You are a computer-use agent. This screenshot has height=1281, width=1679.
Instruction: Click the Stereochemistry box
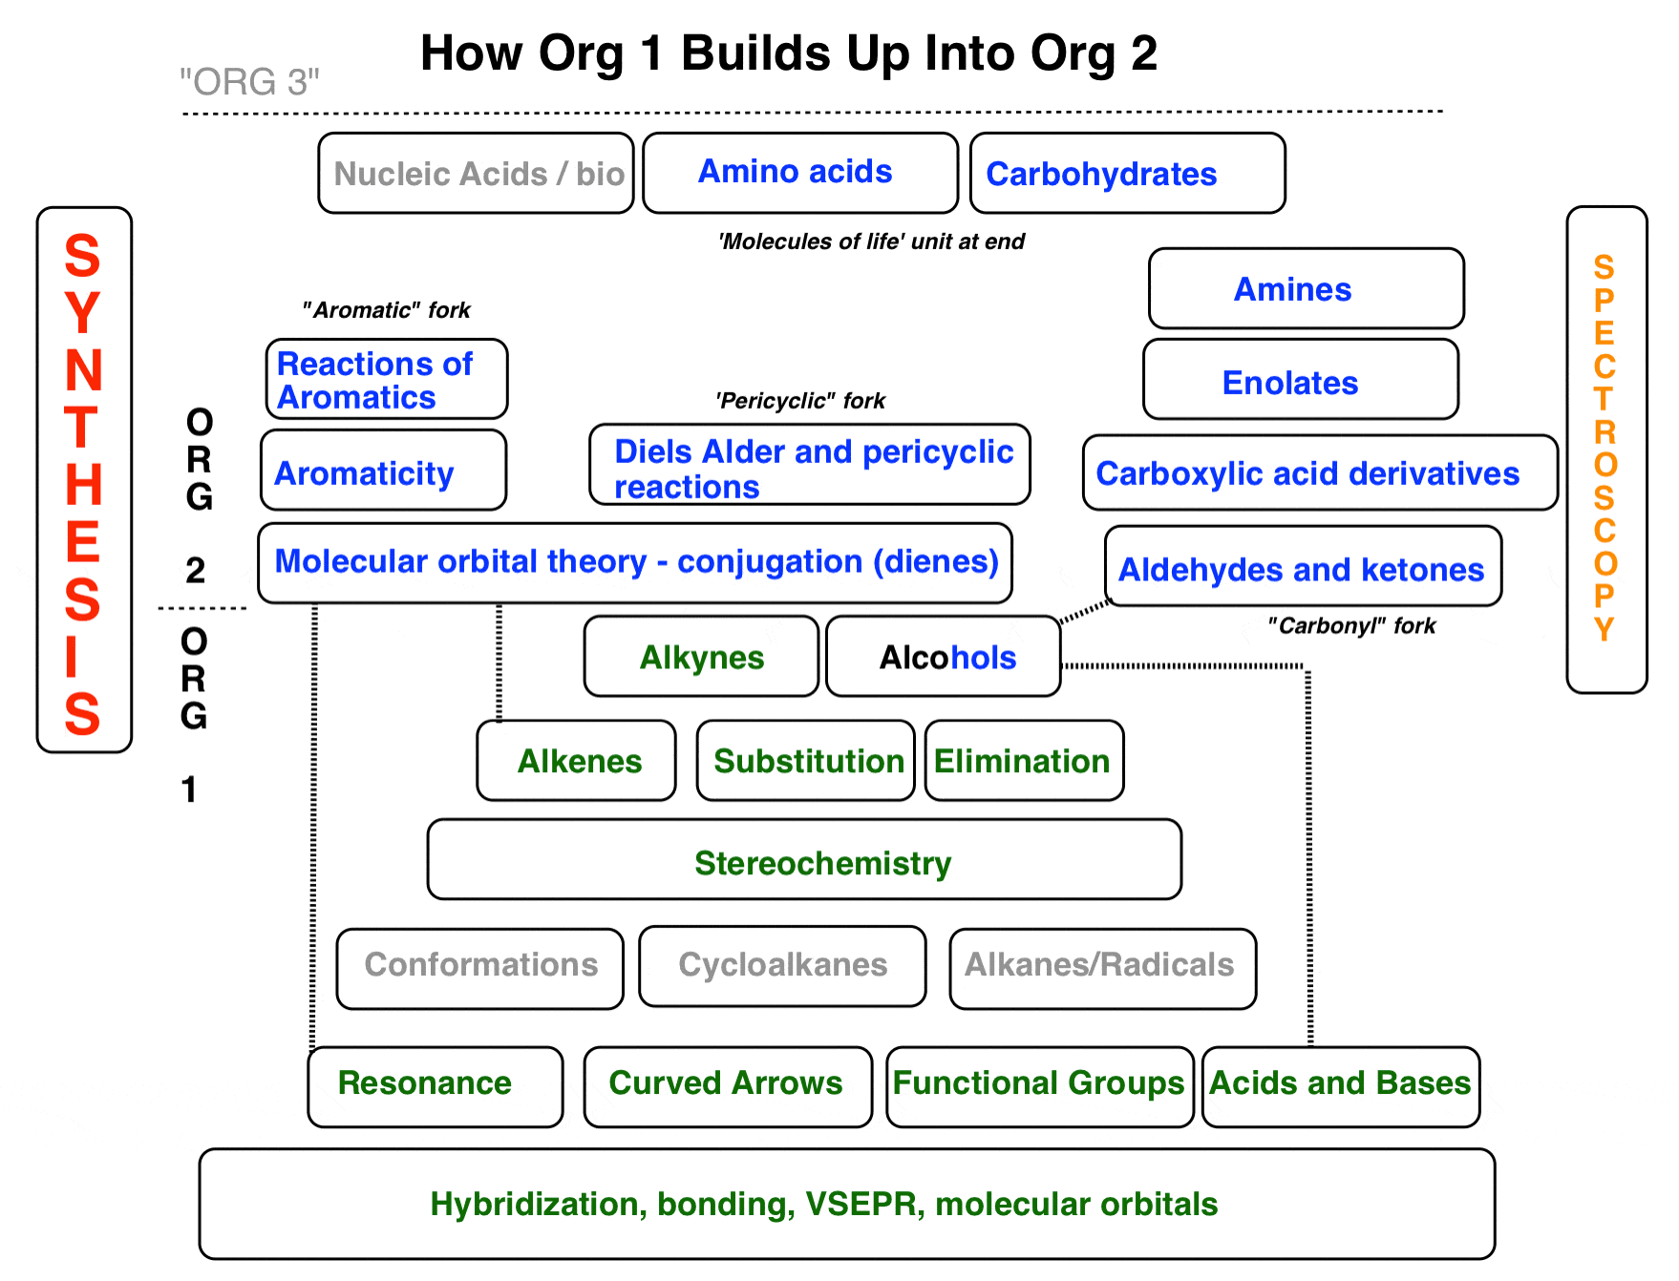804,859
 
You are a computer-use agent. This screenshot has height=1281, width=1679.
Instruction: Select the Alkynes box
701,656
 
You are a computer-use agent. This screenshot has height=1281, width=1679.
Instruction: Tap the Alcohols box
944,656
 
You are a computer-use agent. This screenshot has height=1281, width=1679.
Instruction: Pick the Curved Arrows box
728,1086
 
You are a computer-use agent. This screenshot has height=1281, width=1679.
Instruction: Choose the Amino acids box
800,173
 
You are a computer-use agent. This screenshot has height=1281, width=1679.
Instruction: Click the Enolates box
1301,379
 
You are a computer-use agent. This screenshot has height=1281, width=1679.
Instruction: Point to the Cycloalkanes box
782,966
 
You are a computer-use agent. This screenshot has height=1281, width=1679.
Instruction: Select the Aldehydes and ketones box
1304,566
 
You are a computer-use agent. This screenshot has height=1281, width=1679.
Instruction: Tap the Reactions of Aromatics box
387,379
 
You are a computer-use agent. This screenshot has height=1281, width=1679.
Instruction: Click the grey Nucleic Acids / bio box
476,173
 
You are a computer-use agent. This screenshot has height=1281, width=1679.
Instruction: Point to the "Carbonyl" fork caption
1351,626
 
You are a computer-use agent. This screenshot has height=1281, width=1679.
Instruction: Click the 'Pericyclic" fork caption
800,401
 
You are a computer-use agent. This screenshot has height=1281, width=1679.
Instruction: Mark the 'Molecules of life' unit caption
871,241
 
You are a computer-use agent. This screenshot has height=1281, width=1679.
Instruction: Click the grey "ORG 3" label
250,82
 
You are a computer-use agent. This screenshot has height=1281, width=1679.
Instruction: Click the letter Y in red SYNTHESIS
83,313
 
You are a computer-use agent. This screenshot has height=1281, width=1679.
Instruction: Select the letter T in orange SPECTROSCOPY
1605,399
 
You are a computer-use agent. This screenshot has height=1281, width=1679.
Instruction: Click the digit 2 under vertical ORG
196,570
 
